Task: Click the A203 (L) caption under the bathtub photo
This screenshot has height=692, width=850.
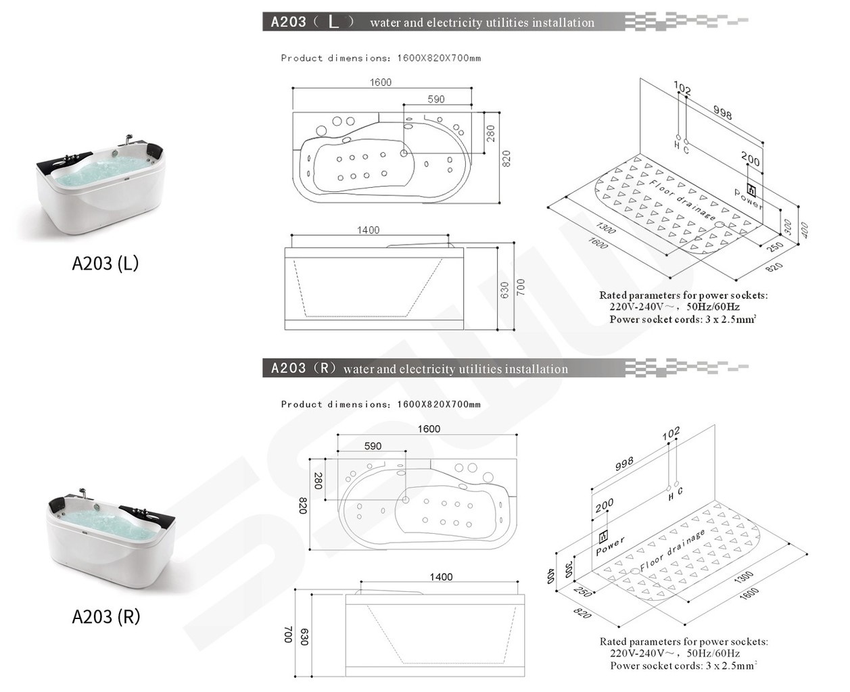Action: click(105, 263)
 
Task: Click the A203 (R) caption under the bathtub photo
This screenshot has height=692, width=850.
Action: click(105, 616)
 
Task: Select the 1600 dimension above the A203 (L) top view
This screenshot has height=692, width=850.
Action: click(380, 82)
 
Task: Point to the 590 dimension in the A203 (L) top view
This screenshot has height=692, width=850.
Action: click(436, 99)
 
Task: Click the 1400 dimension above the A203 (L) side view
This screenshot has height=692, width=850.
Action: click(368, 230)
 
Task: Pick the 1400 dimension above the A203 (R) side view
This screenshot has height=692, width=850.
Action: click(441, 577)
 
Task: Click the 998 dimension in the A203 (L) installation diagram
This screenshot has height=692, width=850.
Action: click(722, 113)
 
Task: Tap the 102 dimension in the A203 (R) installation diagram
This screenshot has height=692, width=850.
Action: click(671, 433)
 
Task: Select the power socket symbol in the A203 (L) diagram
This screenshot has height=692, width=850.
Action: click(751, 189)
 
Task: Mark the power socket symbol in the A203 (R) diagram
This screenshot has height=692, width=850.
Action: click(603, 537)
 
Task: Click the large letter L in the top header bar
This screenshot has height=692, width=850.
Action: click(333, 22)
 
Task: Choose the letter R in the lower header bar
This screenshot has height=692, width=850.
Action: click(325, 368)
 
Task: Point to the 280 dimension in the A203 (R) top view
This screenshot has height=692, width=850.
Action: click(318, 480)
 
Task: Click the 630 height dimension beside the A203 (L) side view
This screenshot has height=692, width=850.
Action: click(504, 291)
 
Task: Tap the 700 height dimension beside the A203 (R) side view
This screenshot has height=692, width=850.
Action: click(287, 635)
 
